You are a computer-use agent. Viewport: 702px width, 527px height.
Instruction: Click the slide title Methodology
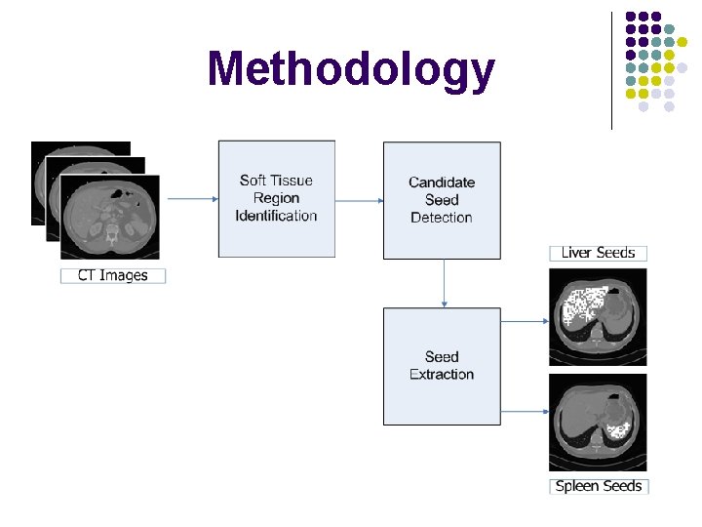350,70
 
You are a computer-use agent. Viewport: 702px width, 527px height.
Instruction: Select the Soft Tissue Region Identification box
276,199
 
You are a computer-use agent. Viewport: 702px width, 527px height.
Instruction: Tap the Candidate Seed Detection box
442,200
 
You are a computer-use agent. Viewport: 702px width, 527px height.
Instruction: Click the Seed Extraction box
442,366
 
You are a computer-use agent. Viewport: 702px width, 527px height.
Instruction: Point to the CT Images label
113,276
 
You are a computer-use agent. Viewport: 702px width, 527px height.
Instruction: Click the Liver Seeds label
598,253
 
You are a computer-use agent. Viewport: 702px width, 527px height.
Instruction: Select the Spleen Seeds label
599,486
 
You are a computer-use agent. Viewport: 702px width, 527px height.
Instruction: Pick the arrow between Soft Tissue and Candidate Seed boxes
359,201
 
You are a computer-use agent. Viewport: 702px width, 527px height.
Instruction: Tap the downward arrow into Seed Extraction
443,283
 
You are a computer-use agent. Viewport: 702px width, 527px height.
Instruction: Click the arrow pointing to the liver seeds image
525,320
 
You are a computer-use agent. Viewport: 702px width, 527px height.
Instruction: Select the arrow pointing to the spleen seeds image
525,411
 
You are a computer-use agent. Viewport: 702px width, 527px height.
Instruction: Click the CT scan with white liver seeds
598,312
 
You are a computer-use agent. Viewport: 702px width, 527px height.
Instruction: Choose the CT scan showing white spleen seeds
598,422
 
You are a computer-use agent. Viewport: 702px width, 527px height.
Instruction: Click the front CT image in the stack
110,218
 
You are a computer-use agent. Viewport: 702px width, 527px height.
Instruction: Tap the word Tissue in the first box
291,181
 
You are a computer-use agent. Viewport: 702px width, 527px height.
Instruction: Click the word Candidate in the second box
442,182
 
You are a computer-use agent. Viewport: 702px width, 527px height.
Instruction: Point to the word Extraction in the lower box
442,375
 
